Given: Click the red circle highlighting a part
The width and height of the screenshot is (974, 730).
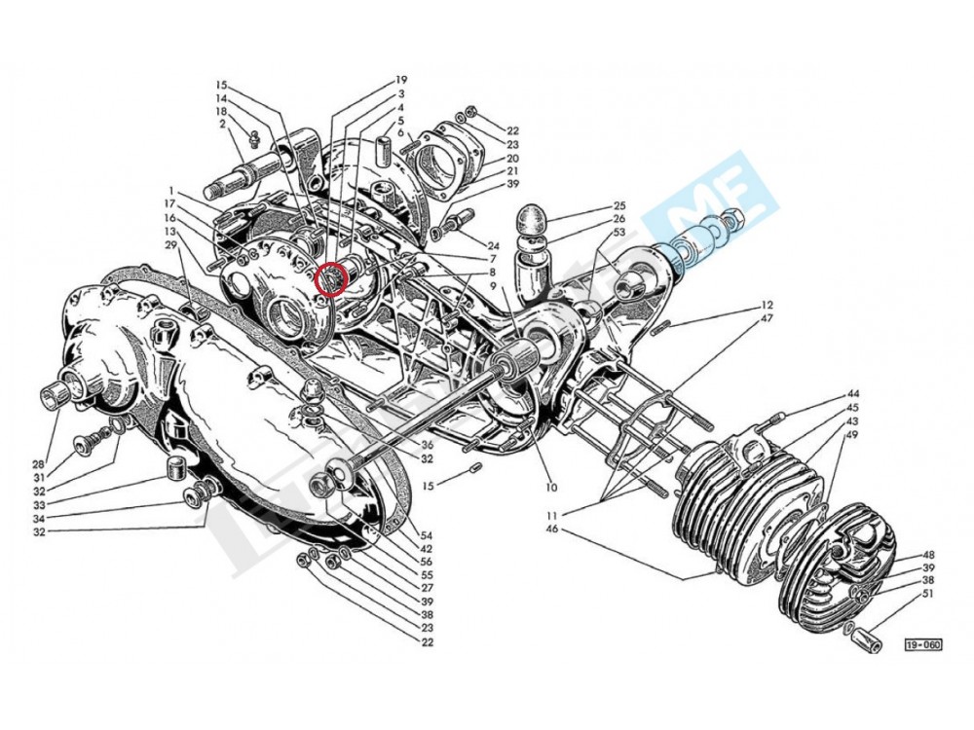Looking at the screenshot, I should pos(333,277).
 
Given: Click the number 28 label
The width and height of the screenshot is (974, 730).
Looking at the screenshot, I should pos(38,463).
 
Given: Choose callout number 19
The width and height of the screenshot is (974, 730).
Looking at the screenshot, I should pos(400,80).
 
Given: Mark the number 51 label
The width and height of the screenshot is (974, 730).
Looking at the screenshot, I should pos(927,593).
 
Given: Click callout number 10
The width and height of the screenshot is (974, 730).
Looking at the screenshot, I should pos(551,487).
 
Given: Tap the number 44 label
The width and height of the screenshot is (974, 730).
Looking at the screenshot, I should pos(852,393).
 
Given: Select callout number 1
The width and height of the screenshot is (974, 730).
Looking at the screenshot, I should pos(169,190).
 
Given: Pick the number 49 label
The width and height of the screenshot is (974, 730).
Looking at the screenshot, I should pos(852,434).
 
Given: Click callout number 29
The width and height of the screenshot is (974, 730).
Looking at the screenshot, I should pos(169,244).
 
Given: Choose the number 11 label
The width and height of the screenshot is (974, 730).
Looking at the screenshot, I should pos(551,514).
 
